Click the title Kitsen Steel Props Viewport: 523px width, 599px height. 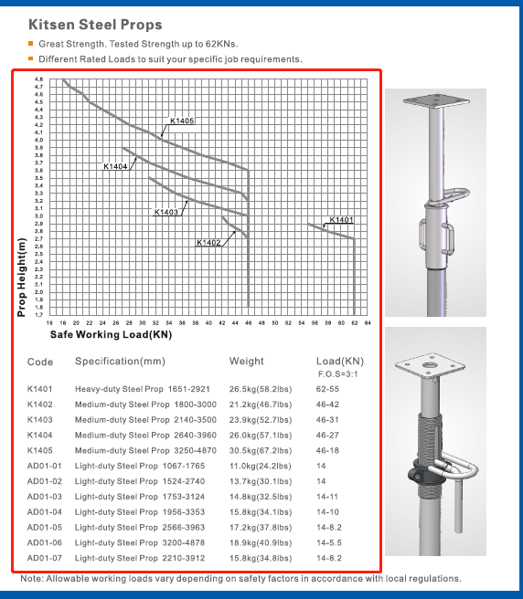95,25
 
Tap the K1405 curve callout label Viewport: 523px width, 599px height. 182,121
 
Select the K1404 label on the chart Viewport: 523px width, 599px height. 115,166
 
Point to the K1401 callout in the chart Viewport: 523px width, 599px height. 341,220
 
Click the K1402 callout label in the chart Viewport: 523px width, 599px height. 208,243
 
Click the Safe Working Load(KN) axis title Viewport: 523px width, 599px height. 111,334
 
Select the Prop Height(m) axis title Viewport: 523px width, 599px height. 22,278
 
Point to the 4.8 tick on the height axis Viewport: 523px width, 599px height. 38,79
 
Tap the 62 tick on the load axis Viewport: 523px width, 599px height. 354,323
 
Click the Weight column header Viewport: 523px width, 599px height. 246,361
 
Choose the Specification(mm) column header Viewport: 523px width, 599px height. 120,362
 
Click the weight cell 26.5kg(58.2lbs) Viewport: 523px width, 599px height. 261,389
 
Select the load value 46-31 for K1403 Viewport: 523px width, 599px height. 327,420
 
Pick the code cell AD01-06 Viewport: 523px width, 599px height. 45,542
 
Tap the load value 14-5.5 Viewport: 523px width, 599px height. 329,542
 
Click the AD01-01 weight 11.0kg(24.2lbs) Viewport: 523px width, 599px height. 261,466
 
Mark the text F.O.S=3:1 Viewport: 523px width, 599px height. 337,374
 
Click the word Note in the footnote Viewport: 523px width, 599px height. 31,578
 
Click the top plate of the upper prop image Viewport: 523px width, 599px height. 436,100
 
